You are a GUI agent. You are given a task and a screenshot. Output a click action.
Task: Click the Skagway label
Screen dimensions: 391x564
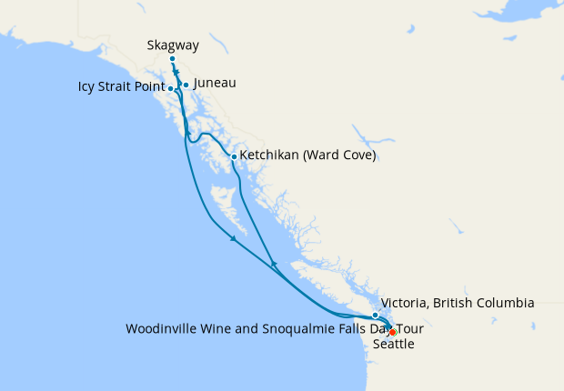pos(173,45)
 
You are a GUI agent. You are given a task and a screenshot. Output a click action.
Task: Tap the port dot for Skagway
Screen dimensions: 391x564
pos(172,59)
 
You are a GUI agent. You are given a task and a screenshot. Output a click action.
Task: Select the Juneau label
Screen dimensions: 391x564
pos(216,83)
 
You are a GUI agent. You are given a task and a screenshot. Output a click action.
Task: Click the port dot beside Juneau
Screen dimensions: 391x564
pos(186,85)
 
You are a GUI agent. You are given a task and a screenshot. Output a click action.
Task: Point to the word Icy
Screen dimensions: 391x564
pos(86,88)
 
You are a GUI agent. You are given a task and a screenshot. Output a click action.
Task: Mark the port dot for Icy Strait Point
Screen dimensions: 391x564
pos(172,88)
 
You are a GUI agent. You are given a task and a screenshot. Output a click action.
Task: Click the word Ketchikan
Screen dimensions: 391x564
pos(270,155)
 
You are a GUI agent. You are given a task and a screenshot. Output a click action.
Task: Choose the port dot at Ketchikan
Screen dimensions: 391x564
pos(234,156)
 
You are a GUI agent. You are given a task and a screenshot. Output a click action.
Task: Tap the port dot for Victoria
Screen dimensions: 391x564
pos(375,315)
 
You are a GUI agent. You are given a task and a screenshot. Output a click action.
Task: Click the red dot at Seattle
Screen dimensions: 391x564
pos(392,332)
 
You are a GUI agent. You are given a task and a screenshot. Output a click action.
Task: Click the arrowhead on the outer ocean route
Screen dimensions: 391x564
pos(234,238)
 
